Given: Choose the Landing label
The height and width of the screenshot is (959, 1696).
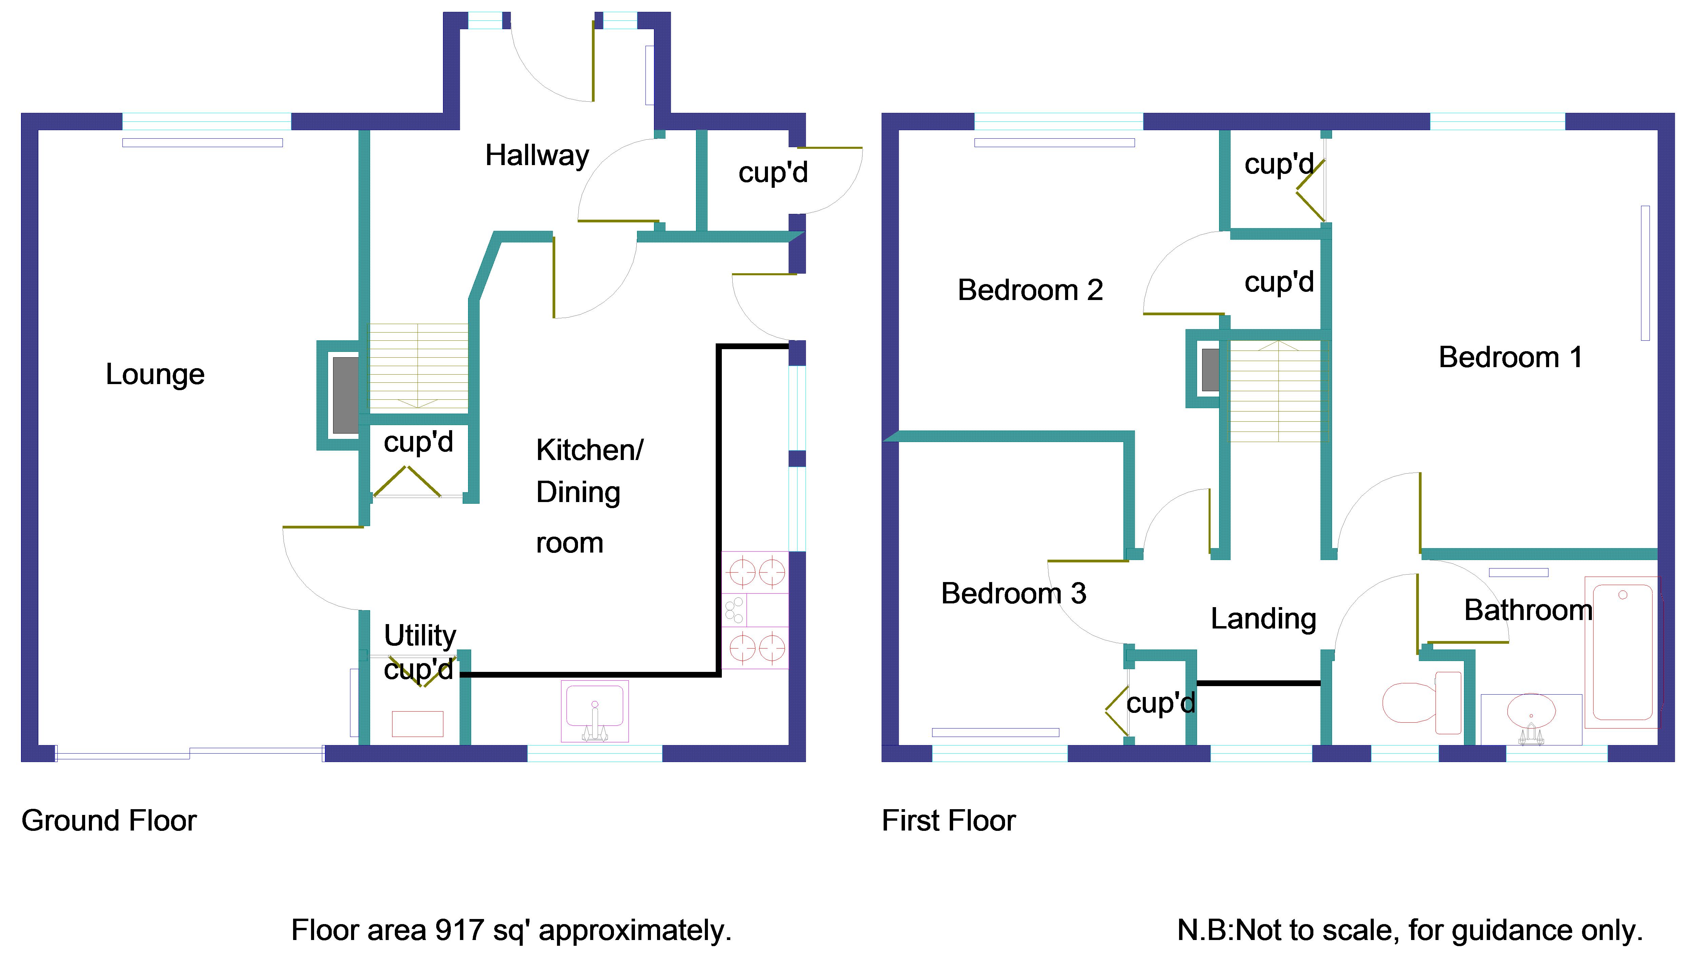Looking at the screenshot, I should (1263, 618).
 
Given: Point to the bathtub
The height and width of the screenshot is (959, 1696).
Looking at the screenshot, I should (1621, 652).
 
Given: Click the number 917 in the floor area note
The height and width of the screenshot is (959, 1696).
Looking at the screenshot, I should (459, 931).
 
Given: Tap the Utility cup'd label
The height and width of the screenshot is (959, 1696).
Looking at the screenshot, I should (420, 652).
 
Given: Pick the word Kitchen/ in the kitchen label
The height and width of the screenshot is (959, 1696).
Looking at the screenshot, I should (589, 451).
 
